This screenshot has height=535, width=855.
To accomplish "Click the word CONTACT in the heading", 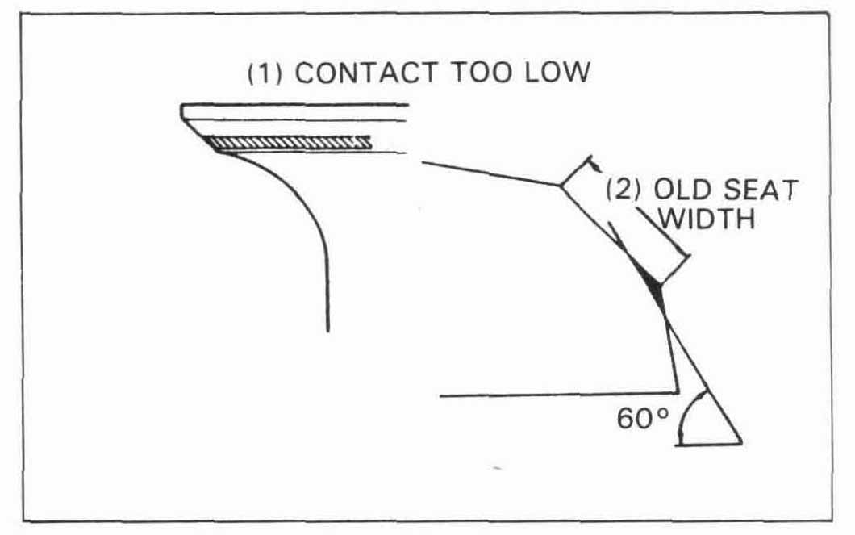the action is click(x=366, y=73).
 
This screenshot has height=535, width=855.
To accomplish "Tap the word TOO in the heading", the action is click(x=481, y=72).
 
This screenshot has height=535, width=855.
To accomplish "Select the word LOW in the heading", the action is click(x=557, y=72).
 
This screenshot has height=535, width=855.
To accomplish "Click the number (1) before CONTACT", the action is click(x=265, y=73).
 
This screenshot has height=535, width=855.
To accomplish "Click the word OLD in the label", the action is click(x=682, y=190).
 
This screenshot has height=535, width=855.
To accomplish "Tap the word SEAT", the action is click(x=761, y=190).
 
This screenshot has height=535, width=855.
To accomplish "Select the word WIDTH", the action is click(x=707, y=219).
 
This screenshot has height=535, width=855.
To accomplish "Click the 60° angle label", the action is click(x=642, y=419).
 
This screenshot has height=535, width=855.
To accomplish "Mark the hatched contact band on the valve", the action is click(x=289, y=142).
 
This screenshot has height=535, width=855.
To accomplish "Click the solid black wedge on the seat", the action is click(x=653, y=284).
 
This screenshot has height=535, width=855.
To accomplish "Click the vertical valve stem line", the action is click(x=327, y=289).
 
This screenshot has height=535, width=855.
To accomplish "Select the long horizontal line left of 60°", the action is click(x=558, y=394).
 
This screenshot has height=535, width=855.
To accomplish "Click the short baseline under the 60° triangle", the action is click(x=708, y=444).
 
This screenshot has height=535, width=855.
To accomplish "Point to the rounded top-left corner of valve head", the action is click(x=184, y=108).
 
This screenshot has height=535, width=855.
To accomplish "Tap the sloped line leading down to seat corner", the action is click(x=491, y=174).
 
